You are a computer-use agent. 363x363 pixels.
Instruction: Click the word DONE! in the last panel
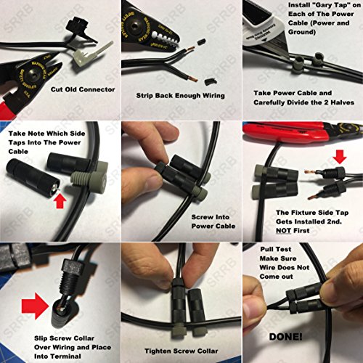285,337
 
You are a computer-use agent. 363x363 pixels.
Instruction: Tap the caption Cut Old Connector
83,89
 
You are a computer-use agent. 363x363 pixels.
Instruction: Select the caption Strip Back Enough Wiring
180,96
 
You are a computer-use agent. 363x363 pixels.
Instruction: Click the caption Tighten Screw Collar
181,351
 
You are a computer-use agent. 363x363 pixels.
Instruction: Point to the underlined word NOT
283,231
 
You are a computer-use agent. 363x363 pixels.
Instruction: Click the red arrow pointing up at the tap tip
60,202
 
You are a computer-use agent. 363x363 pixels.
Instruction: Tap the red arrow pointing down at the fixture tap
340,157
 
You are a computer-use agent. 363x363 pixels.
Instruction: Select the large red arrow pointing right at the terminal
35,306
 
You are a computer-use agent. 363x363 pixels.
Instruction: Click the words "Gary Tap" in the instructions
334,5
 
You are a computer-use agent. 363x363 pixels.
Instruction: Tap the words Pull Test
276,249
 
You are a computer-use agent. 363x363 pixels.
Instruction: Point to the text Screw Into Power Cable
213,221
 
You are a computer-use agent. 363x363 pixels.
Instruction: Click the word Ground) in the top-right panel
302,32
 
